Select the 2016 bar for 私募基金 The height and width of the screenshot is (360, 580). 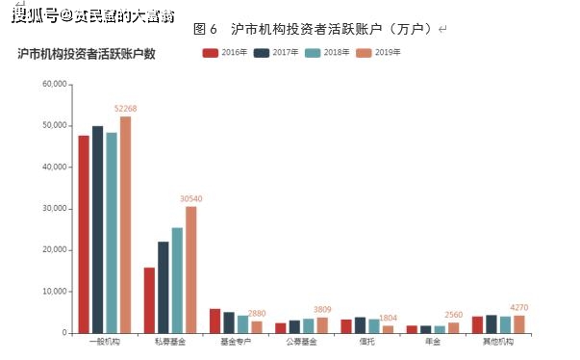click(x=149, y=299)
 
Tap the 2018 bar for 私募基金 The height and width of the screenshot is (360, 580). click(x=177, y=280)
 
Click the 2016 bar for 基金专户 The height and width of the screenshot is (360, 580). click(x=215, y=321)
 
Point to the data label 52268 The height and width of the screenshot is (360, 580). click(x=127, y=108)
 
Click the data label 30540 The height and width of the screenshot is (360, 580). click(x=192, y=198)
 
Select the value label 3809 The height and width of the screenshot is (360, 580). click(x=322, y=309)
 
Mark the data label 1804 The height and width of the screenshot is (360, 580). click(x=388, y=318)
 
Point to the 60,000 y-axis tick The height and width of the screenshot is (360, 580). click(x=54, y=85)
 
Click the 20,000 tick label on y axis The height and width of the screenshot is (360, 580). click(x=54, y=250)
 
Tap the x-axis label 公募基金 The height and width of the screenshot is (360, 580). click(x=300, y=342)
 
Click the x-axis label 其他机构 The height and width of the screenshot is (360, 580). click(x=498, y=342)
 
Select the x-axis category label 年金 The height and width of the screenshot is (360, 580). click(x=432, y=342)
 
